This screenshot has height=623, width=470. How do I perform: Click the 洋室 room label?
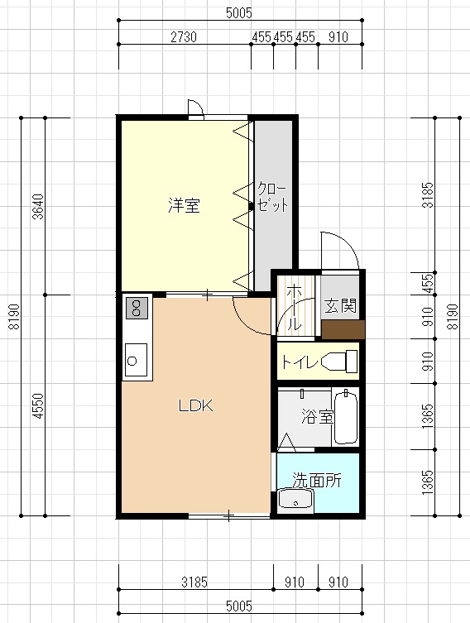point(184,205)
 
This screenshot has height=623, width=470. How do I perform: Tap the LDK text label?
point(196,405)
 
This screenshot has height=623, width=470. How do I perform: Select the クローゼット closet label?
point(272,197)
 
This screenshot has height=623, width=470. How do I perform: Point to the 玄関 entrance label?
point(340,305)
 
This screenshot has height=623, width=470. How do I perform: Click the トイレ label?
point(300,362)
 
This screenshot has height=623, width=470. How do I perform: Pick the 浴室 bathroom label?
point(317,416)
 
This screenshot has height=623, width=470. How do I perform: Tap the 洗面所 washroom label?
point(317,480)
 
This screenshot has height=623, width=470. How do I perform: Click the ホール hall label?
point(294,308)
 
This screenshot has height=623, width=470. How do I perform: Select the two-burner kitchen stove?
point(137,308)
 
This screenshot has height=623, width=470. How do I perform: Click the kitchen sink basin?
point(136,360)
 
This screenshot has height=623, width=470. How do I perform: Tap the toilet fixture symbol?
point(339,362)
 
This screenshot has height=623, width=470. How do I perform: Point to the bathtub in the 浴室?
point(346,417)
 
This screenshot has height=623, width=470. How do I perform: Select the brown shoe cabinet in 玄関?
point(343,330)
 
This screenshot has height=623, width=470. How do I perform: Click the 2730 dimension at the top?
point(184,37)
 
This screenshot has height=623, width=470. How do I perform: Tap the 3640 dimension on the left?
point(38,207)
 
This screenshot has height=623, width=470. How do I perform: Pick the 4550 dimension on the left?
point(38,405)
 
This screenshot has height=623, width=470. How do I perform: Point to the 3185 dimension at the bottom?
point(194,582)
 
